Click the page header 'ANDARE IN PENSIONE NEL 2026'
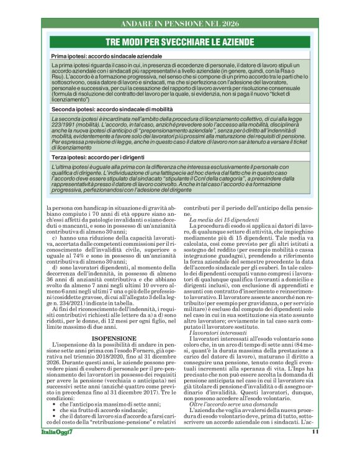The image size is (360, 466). coord(179,23)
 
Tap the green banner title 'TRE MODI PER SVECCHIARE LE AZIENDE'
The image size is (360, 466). coord(180,42)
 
